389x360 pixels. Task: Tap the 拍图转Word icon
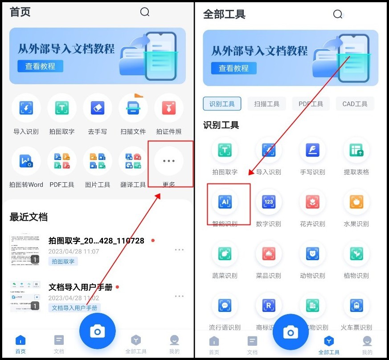(x=26, y=161)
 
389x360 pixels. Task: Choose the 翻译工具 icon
(x=133, y=161)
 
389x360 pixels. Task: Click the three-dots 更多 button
(x=169, y=161)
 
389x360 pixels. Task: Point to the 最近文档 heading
(x=29, y=217)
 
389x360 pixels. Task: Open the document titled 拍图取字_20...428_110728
(x=96, y=241)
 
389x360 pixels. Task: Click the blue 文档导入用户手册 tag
(x=74, y=308)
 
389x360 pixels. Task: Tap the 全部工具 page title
(x=224, y=14)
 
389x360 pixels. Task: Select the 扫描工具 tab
(x=267, y=104)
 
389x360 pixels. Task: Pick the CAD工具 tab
(x=355, y=104)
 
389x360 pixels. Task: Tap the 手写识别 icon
(x=312, y=150)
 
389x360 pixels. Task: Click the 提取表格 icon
(x=356, y=150)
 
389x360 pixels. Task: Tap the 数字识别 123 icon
(x=269, y=202)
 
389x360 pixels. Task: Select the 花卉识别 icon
(x=312, y=202)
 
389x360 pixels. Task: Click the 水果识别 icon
(x=356, y=202)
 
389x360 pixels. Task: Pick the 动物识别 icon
(x=312, y=254)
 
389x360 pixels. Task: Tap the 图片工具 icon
(x=98, y=161)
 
